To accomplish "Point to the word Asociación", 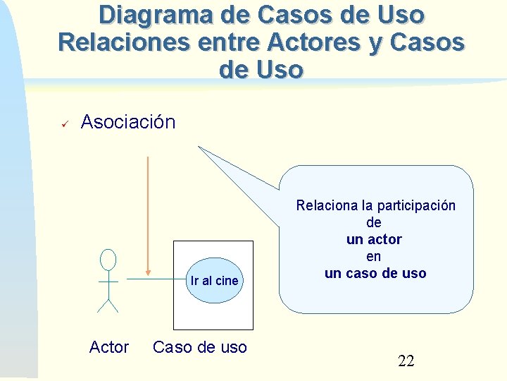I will coord(128,122).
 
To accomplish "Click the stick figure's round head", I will coord(108,260).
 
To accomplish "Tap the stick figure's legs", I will coord(108,305).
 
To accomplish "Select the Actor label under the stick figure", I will coord(109,347).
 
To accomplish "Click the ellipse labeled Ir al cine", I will coord(214,280).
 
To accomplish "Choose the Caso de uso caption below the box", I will coord(200,347).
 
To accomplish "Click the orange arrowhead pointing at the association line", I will coord(148,272).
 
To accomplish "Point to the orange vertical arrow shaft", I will coord(148,212).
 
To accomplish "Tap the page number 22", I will coord(406,362).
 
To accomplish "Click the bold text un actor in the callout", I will coord(374,240).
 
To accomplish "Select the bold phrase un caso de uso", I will coord(375,273).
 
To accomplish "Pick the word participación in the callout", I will coord(418,206).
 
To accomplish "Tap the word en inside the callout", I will coord(374,257).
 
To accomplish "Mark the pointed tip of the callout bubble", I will coord(200,147).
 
